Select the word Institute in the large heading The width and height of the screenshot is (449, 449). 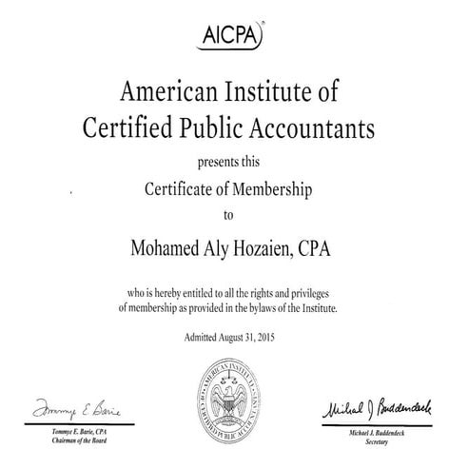pyautogui.click(x=264, y=92)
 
